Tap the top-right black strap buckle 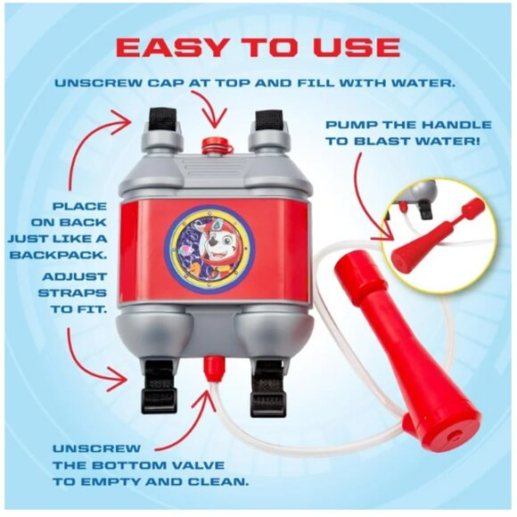click(x=267, y=119)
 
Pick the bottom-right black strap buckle click(x=267, y=384)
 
